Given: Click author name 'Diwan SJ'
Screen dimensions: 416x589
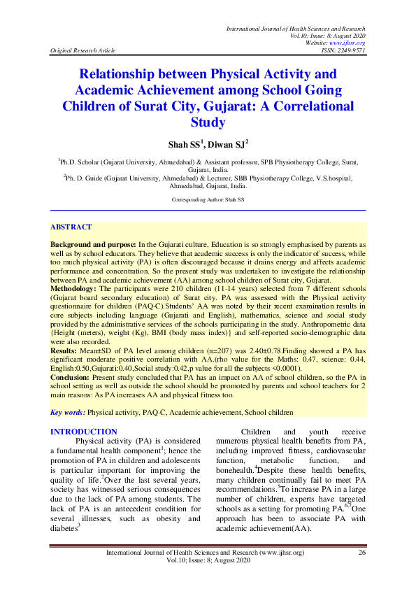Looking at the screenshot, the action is (x=228, y=145).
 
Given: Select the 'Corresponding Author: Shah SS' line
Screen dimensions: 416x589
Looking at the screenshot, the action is (x=208, y=200).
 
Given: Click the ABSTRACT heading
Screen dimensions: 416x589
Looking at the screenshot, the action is (x=71, y=227).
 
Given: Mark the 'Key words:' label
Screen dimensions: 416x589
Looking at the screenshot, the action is (x=68, y=413).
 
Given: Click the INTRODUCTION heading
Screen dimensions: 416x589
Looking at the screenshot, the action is (x=84, y=432).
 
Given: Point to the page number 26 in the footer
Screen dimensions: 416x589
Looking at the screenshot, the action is (x=362, y=553).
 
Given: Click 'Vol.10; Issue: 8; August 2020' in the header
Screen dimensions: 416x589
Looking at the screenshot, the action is (x=328, y=35).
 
